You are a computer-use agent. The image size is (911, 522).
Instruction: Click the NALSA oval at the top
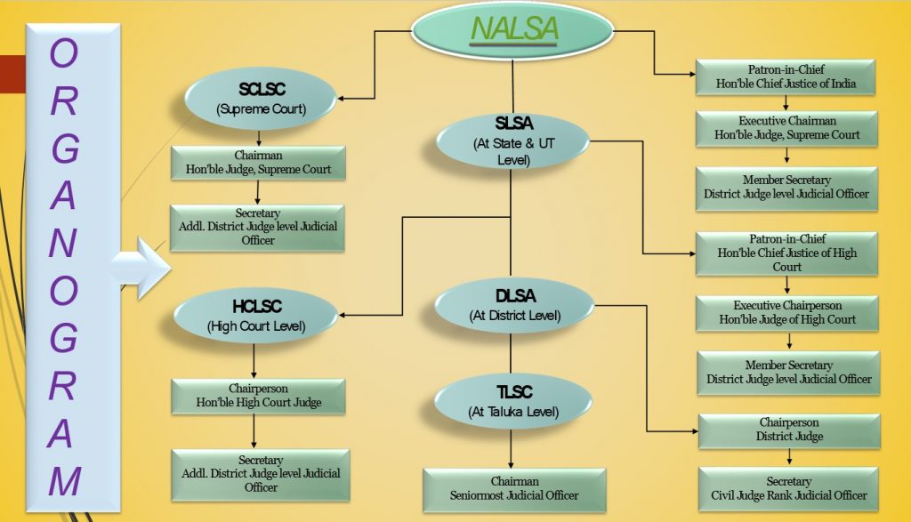point(512,30)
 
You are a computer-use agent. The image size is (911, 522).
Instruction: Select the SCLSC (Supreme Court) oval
point(260,99)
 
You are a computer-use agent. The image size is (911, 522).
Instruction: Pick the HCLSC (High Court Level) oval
point(255,315)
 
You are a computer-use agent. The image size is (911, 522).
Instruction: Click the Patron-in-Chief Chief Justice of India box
point(786,77)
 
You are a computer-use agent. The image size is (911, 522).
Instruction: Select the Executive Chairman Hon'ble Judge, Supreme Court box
point(786,128)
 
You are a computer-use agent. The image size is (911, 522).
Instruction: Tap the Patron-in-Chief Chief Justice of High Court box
point(786,253)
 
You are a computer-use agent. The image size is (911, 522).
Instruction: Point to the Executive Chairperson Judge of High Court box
point(787,313)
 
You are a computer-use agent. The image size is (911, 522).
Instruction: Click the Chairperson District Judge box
point(789,430)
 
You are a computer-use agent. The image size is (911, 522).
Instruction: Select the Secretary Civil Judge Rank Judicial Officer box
point(789,488)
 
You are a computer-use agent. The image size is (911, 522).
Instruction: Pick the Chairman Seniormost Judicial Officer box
point(513,489)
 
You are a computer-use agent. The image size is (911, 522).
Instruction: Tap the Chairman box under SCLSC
point(257,163)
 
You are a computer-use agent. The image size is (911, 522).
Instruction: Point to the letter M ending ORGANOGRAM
point(64,480)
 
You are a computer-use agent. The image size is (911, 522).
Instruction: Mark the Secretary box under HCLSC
point(260,474)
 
